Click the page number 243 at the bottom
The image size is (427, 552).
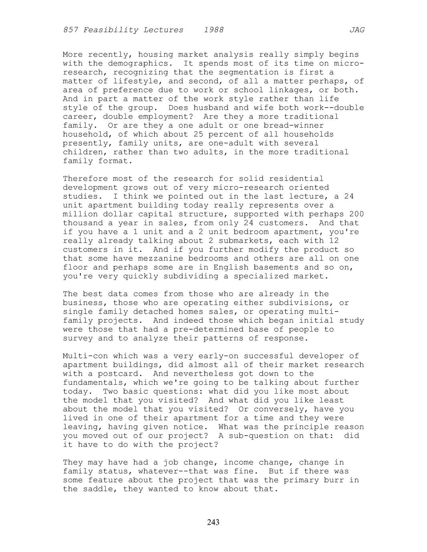click(x=213, y=522)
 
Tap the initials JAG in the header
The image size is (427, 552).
click(x=357, y=30)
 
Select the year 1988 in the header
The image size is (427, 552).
click(x=214, y=30)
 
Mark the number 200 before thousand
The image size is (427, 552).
click(x=357, y=214)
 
